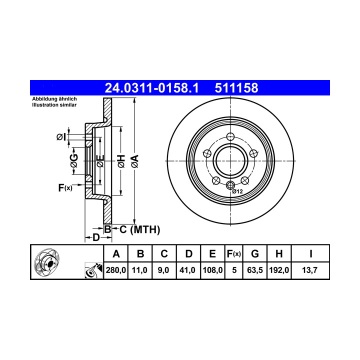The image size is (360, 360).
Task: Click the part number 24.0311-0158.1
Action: pos(151,88)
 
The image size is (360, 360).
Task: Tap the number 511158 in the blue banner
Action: pos(236,88)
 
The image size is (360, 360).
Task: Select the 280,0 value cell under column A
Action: pos(116,270)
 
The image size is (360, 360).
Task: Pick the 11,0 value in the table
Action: pos(139,270)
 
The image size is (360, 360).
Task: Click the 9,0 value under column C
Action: pos(163,270)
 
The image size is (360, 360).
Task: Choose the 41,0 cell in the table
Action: pos(187,270)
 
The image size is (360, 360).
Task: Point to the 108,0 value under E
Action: pos(212,270)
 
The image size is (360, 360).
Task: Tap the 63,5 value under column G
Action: pos(255,270)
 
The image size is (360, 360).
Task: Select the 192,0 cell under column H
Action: pos(279,270)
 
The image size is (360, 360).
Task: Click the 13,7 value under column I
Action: pos(309,270)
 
